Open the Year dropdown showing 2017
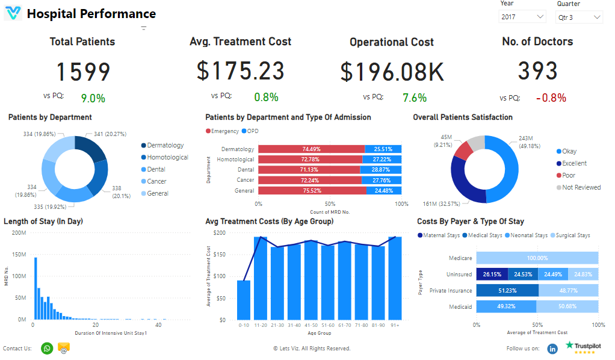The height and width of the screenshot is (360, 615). click(x=522, y=17)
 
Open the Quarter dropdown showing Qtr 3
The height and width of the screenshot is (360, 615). click(x=578, y=17)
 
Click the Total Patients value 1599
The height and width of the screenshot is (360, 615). click(x=83, y=72)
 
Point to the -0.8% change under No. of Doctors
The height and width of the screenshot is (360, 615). click(x=551, y=98)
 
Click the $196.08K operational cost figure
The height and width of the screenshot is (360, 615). click(x=392, y=72)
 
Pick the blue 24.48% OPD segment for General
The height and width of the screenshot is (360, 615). click(x=384, y=190)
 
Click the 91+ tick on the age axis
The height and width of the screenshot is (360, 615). click(x=394, y=325)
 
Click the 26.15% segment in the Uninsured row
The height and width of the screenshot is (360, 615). click(x=492, y=274)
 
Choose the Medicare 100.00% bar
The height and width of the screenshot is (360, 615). click(x=537, y=258)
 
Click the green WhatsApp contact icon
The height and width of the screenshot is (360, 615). click(x=47, y=348)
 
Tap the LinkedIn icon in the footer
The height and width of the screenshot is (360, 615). click(x=552, y=349)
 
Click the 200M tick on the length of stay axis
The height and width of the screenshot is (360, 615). click(x=19, y=232)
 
